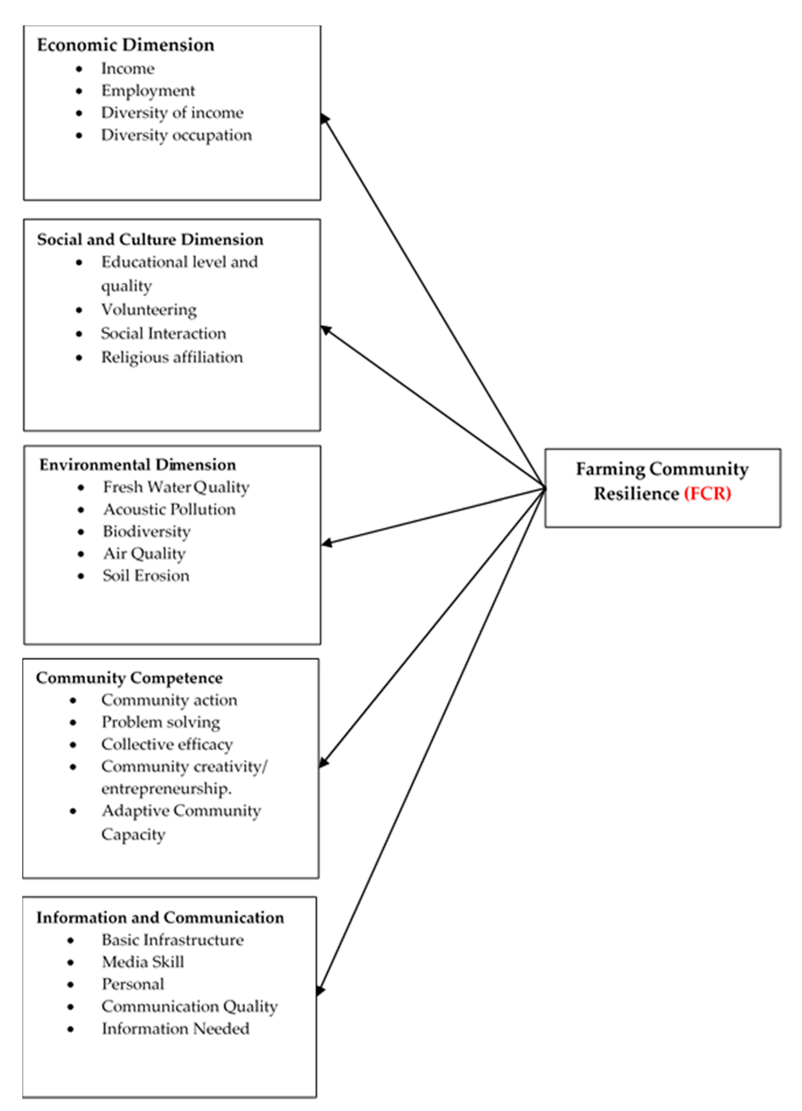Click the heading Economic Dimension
coord(125,45)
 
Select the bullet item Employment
coord(148,91)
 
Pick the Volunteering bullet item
coord(149,310)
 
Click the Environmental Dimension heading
coord(138,464)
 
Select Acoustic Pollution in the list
coord(169,509)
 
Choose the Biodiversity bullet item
coord(147,532)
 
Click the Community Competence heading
coord(129,678)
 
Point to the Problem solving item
coord(161,722)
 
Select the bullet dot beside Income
coord(79,69)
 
